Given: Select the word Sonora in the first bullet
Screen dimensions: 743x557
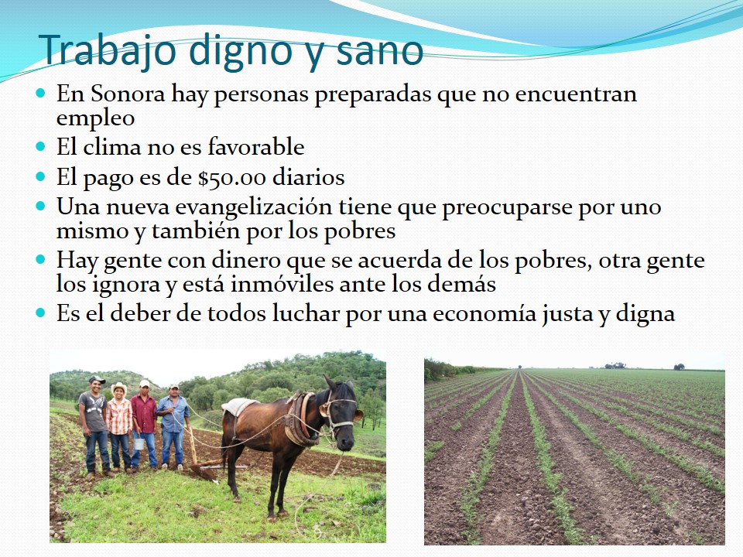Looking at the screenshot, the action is (x=128, y=94).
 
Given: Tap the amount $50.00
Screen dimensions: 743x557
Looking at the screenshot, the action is (x=232, y=178).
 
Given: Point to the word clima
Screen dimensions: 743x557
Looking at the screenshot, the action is (x=111, y=146).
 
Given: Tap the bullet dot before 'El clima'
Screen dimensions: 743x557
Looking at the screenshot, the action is (x=41, y=146).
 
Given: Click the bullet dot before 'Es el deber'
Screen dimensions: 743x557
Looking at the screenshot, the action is (x=41, y=313).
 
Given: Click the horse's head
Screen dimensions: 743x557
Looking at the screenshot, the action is (x=341, y=412).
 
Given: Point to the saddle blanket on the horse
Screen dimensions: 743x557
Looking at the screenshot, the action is (x=239, y=406).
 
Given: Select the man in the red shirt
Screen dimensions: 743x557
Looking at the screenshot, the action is (x=144, y=425).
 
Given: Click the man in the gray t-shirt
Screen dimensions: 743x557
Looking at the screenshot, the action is (x=95, y=425).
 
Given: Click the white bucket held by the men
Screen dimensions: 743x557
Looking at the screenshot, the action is (x=139, y=444).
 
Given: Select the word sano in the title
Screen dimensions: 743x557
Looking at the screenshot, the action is (x=379, y=51).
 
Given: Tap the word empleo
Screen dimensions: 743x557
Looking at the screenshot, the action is (x=95, y=118).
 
